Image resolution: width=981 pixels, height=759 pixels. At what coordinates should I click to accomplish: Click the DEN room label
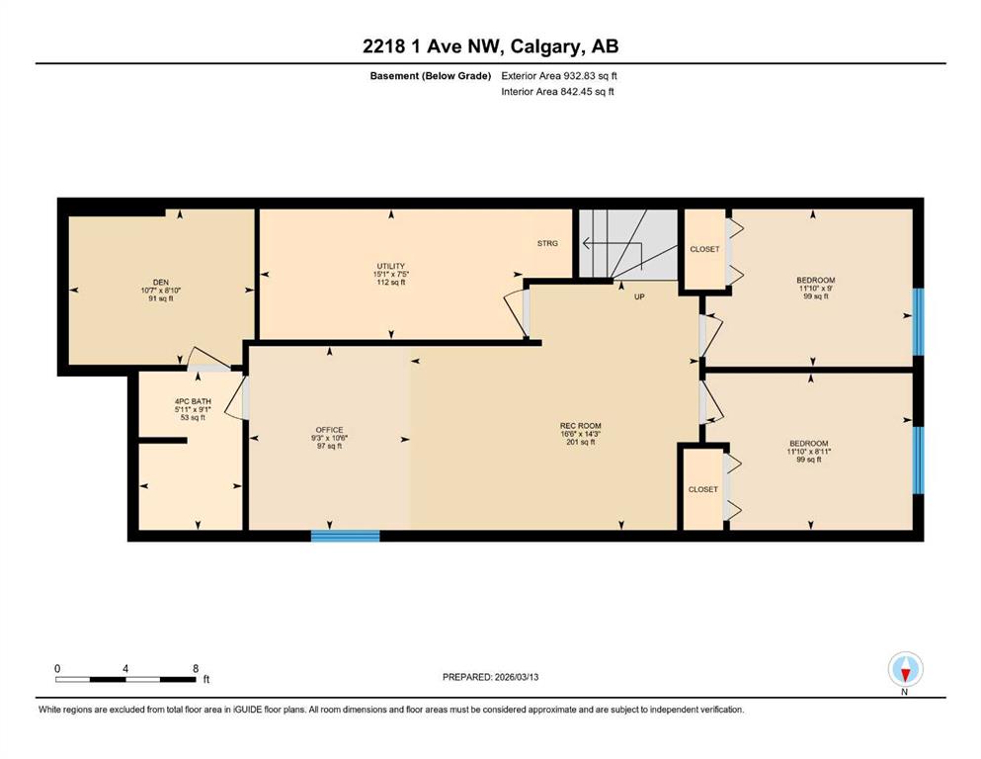tap(161, 283)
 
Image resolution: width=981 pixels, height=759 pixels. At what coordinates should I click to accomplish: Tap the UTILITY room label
tap(391, 266)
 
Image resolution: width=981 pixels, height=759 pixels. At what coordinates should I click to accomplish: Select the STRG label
tap(547, 243)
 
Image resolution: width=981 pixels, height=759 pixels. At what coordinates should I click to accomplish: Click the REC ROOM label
tap(581, 426)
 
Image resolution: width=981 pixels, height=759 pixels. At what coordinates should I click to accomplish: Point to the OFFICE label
tap(329, 430)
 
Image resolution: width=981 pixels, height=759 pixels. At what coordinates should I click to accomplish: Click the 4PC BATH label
tap(193, 401)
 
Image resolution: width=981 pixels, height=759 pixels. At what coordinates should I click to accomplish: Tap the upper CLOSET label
tap(704, 249)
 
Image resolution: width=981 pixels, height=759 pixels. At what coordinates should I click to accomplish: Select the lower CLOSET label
tap(703, 489)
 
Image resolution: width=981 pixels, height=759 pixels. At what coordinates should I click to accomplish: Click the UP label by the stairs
tap(639, 296)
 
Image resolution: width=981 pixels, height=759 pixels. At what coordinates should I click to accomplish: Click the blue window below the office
tap(346, 536)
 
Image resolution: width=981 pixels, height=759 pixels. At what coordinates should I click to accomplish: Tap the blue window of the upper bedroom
tap(918, 321)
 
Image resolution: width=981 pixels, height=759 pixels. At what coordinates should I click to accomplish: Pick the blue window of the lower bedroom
tap(918, 460)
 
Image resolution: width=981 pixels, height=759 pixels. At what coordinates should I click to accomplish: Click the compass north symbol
tap(905, 669)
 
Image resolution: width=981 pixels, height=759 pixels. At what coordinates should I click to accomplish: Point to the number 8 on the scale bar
tap(196, 668)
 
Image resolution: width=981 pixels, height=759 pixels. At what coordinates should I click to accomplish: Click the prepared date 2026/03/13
tap(517, 677)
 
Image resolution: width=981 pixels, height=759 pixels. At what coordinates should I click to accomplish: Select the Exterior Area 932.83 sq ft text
tap(559, 76)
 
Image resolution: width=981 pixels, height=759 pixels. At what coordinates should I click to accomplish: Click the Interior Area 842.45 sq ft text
tap(557, 91)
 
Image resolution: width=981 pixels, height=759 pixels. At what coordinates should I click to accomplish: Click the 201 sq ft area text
tap(581, 443)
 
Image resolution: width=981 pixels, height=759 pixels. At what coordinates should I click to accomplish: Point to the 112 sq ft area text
tap(391, 283)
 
